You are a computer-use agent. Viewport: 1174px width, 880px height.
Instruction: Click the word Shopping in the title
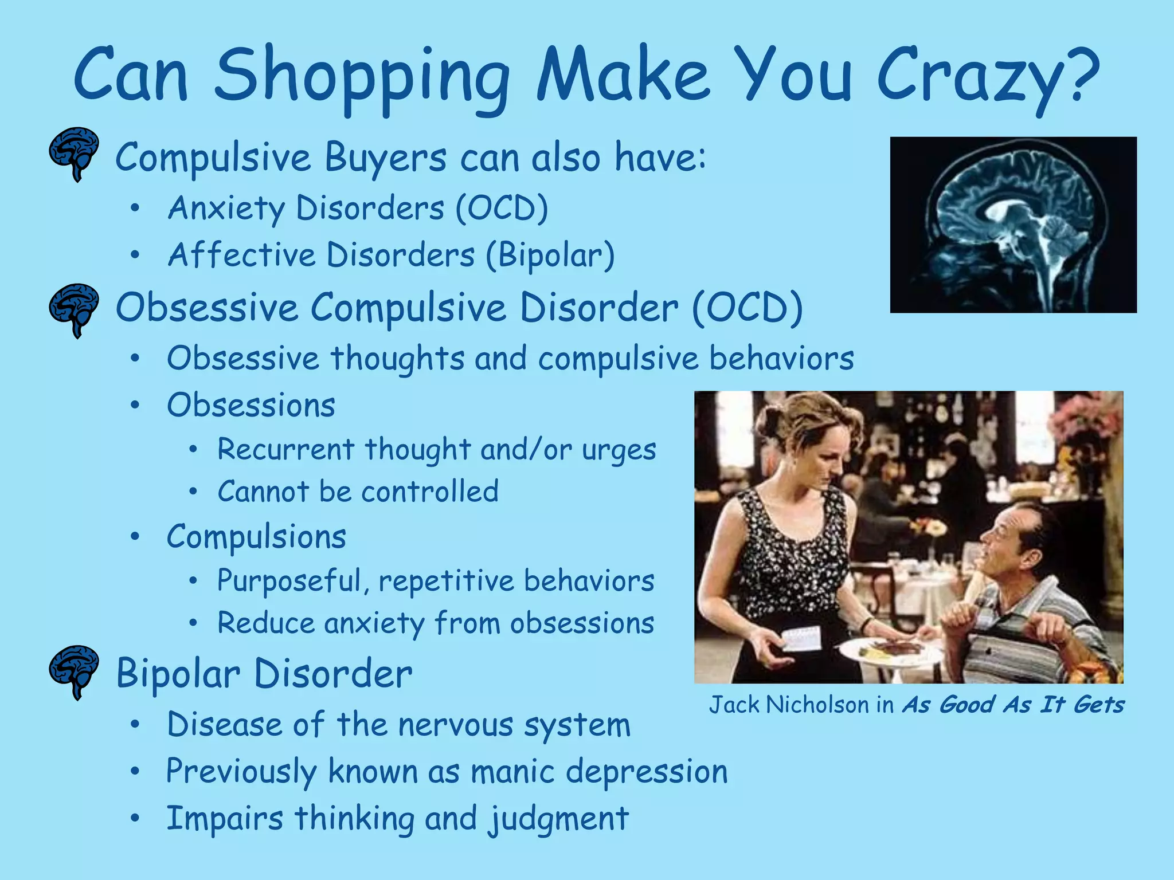click(x=361, y=77)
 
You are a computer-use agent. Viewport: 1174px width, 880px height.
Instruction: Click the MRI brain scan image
click(x=1013, y=225)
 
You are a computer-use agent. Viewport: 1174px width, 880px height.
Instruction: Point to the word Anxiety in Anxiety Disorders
click(x=226, y=208)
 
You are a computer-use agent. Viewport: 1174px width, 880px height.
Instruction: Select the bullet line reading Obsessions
click(x=251, y=406)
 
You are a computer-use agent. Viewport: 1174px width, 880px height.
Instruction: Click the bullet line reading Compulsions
click(x=256, y=537)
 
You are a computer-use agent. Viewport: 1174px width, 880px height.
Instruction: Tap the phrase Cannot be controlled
click(x=358, y=492)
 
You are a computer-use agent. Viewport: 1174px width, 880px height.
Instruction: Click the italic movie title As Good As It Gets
click(x=1013, y=704)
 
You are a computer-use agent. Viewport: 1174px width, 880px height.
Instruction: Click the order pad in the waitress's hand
click(x=803, y=639)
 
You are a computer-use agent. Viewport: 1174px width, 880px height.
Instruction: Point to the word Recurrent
click(x=285, y=449)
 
